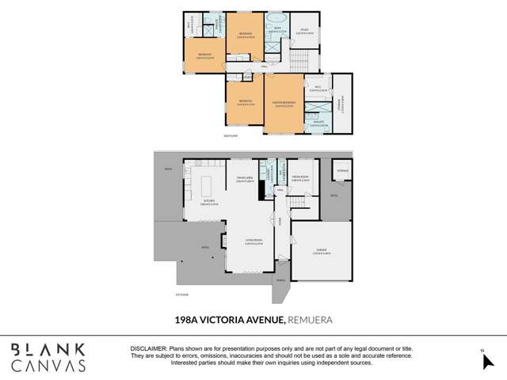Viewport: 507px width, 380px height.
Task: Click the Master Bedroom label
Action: click(284, 104)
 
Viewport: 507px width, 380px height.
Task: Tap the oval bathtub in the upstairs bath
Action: click(276, 18)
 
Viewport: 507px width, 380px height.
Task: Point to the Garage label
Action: click(320, 251)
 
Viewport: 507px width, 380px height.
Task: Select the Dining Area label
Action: click(243, 180)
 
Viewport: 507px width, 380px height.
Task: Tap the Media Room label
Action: click(299, 178)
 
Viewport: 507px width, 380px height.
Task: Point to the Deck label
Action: click(168, 169)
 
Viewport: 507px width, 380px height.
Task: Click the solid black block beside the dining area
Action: click(261, 192)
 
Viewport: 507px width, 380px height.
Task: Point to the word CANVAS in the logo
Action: click(48, 365)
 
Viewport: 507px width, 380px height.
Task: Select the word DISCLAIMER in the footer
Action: click(147, 348)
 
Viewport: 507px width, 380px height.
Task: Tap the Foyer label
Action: click(279, 222)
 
